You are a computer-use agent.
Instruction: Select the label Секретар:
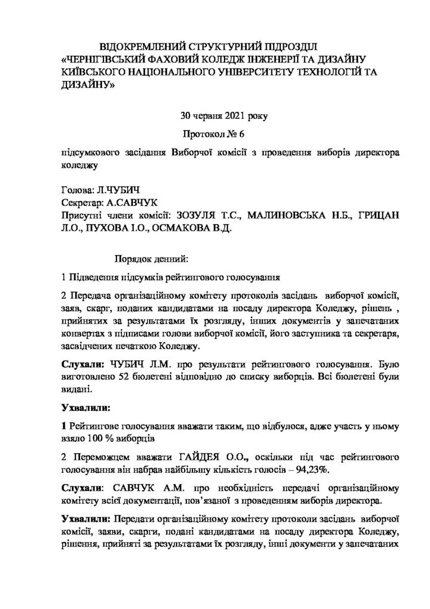click(82, 203)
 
